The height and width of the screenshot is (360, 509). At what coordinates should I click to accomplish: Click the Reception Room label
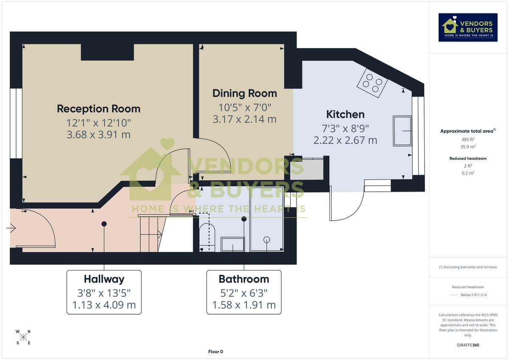(98, 109)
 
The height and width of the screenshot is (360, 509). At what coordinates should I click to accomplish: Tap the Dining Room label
(244, 93)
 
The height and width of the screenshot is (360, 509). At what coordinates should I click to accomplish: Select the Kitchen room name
(345, 114)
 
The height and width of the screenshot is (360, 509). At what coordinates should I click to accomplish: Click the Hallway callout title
(104, 279)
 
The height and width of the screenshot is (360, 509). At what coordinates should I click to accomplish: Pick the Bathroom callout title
(243, 279)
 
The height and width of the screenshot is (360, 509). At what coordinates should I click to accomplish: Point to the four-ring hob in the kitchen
(372, 83)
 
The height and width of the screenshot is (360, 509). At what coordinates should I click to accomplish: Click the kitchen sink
(402, 131)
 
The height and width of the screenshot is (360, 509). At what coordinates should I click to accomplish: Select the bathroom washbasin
(232, 245)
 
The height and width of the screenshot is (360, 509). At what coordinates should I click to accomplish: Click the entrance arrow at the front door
(11, 229)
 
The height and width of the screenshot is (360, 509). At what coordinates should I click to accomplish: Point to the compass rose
(23, 337)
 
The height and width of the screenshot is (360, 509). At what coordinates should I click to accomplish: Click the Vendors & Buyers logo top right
(468, 28)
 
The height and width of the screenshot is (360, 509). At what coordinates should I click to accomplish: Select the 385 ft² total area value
(468, 140)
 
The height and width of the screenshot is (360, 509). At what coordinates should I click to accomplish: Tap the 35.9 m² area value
(468, 147)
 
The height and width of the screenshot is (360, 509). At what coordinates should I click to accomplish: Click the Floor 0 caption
(215, 352)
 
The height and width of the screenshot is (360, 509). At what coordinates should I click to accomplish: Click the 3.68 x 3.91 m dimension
(98, 135)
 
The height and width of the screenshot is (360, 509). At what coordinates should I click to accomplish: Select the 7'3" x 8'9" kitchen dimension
(345, 128)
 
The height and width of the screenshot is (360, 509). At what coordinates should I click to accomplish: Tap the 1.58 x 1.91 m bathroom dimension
(243, 305)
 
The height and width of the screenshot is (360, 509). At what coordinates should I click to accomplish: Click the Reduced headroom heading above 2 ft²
(468, 159)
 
